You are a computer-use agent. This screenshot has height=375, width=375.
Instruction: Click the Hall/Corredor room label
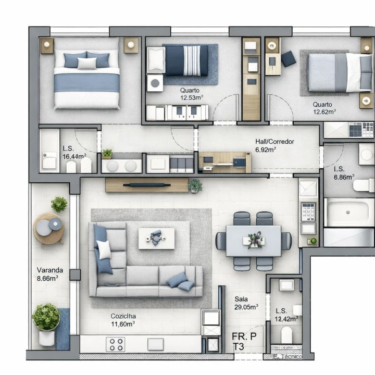pyautogui.click(x=274, y=145)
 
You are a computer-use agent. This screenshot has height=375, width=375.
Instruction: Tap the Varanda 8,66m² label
pyautogui.click(x=50, y=274)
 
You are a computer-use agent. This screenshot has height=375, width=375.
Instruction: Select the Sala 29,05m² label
pyautogui.click(x=246, y=303)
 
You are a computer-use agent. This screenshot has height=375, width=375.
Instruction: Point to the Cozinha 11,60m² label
pyautogui.click(x=123, y=320)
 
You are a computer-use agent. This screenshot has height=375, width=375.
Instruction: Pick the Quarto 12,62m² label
pyautogui.click(x=324, y=108)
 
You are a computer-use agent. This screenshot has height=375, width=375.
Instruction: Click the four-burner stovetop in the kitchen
pyautogui.click(x=116, y=344)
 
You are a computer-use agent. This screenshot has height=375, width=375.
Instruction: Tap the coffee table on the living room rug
pyautogui.click(x=156, y=239)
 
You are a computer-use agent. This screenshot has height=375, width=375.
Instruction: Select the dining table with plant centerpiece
pyautogui.click(x=254, y=241)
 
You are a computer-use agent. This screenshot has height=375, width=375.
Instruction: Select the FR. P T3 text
pyautogui.click(x=244, y=342)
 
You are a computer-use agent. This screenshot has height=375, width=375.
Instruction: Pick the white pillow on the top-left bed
pyautogui.click(x=87, y=64)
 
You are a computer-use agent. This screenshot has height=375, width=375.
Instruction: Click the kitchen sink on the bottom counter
pyautogui.click(x=156, y=344)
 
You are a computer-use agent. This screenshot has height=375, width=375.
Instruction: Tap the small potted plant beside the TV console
pyautogui.click(x=195, y=184)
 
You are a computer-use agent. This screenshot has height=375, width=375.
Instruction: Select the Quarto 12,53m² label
pyautogui.click(x=191, y=94)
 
